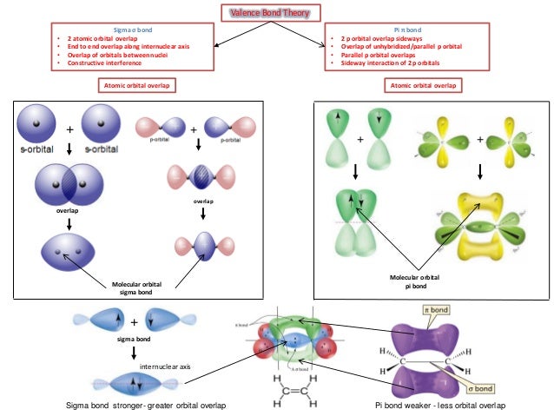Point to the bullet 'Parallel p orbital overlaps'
379,54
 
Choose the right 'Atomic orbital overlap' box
422,85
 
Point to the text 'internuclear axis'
161,367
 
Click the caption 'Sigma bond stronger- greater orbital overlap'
147,406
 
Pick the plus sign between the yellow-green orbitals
479,140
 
